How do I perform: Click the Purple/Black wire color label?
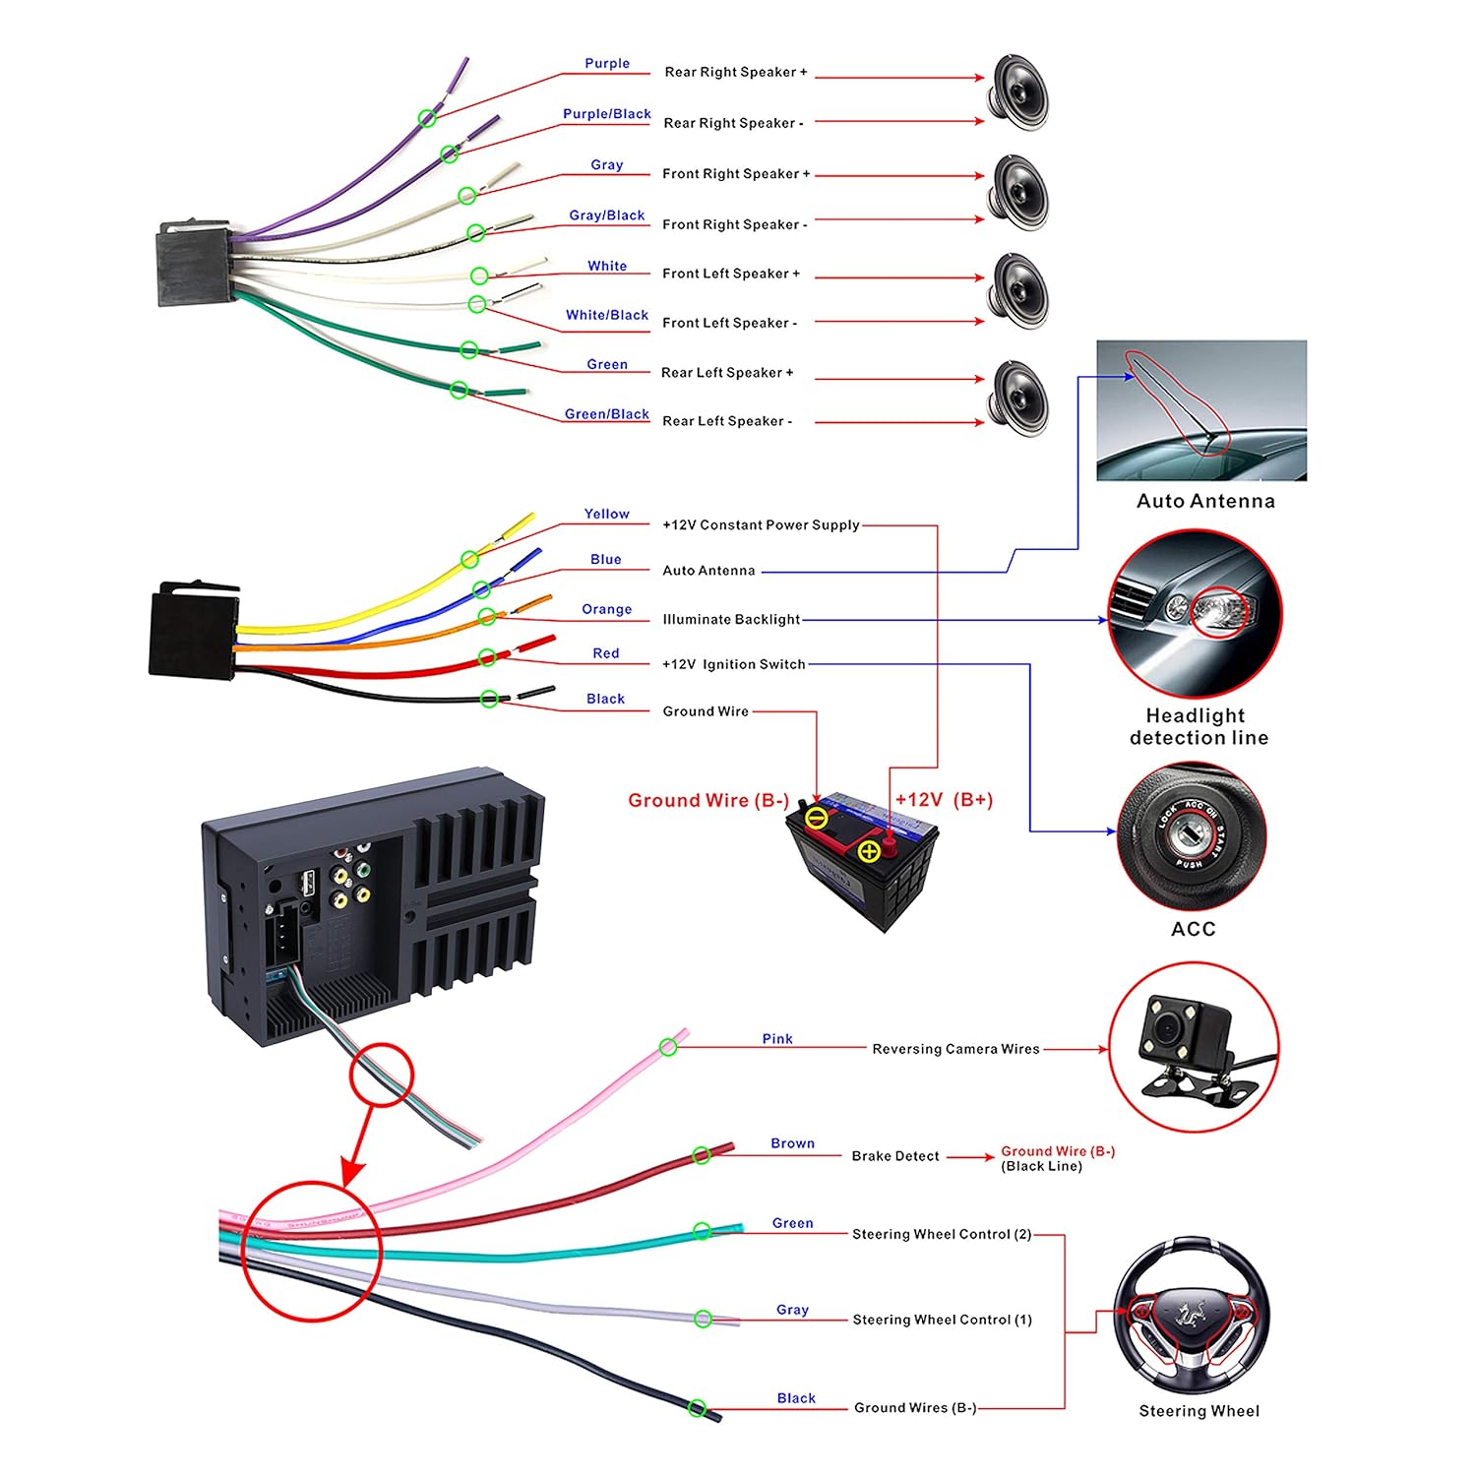(606, 114)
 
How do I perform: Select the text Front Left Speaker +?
(730, 274)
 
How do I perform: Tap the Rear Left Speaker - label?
(726, 421)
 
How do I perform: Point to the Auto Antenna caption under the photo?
(1205, 501)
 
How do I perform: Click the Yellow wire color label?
(606, 514)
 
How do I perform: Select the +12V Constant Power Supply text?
(761, 525)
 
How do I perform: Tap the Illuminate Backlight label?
(731, 620)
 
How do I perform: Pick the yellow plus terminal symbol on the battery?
(869, 851)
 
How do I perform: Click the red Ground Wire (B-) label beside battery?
(708, 801)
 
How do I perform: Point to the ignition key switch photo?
(1192, 836)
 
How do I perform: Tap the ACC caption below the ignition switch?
(1193, 929)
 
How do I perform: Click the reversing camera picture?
(1193, 1048)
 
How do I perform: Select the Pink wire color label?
(776, 1039)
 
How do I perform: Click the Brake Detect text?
(894, 1156)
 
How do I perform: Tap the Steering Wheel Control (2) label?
(941, 1235)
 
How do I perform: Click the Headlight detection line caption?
(1198, 727)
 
